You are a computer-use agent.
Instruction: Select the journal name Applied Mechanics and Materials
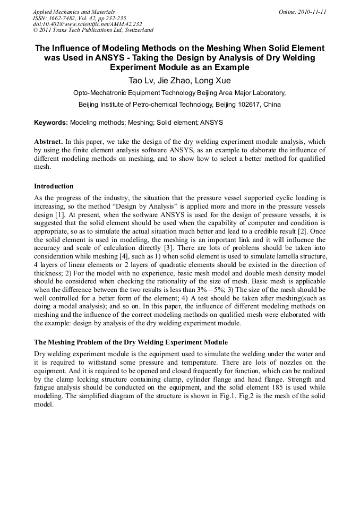pyautogui.click(x=74, y=12)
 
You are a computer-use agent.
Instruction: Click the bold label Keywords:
pyautogui.click(x=51, y=123)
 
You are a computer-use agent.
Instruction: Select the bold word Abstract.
pyautogui.click(x=48, y=142)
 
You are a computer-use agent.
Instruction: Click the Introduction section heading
pyautogui.click(x=54, y=186)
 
